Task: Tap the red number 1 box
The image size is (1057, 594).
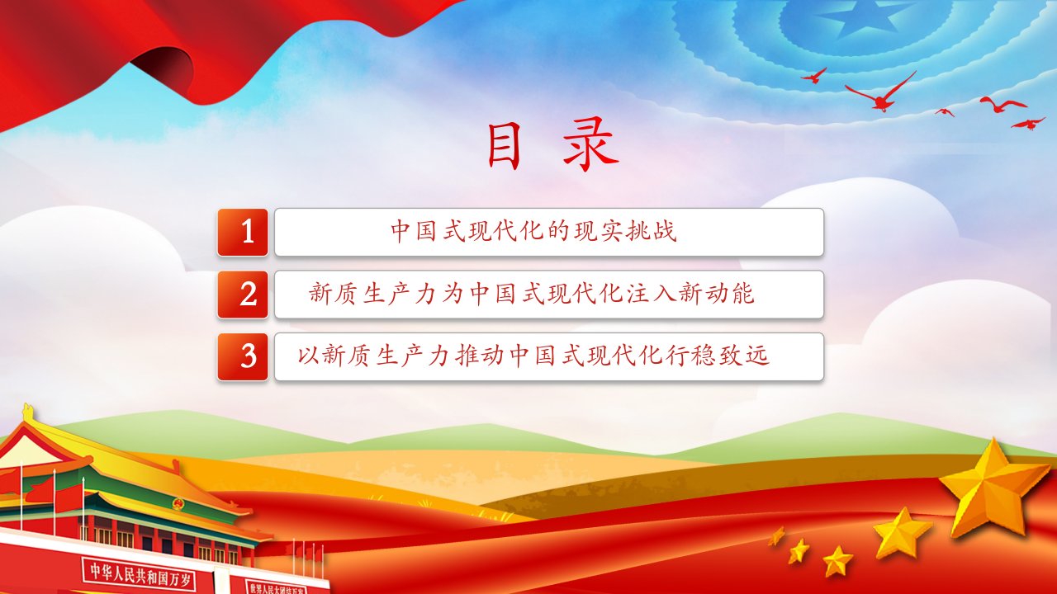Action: click(243, 233)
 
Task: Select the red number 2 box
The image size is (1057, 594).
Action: click(243, 295)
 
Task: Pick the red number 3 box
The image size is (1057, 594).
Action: click(243, 357)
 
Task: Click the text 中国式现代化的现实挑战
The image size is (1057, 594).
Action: click(533, 232)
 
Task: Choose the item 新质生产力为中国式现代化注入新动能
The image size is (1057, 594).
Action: click(532, 293)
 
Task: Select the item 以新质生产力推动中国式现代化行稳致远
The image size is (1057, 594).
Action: click(533, 355)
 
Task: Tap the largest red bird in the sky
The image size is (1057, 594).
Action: click(881, 93)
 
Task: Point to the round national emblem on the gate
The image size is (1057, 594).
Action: click(178, 505)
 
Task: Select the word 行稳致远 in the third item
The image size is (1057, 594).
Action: click(718, 355)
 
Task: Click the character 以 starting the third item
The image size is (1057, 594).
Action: click(310, 356)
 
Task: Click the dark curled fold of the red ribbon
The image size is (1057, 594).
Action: click(165, 71)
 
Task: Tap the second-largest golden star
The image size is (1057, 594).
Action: click(902, 533)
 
